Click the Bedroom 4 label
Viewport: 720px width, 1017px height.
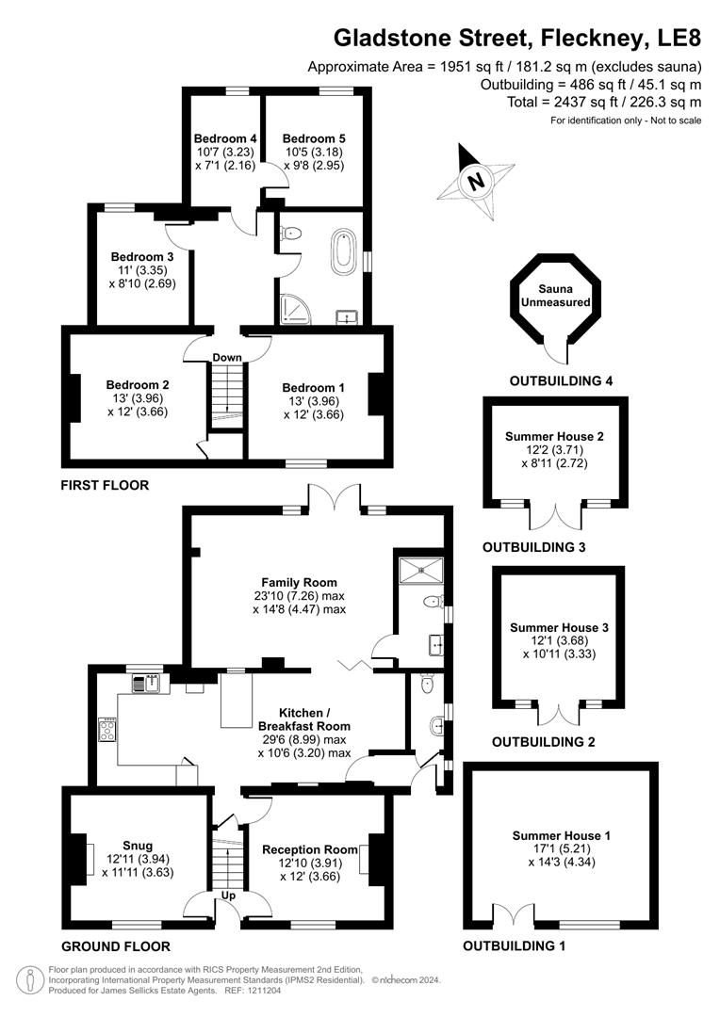[x=224, y=137]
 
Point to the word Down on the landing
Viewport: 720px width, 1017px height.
[x=227, y=358]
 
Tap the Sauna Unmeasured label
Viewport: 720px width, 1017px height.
[x=556, y=296]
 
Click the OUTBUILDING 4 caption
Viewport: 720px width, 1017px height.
[x=561, y=381]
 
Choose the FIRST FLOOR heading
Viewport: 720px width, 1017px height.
[x=105, y=486]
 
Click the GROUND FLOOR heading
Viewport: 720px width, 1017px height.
[x=115, y=946]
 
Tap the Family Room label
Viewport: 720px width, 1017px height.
[x=299, y=582]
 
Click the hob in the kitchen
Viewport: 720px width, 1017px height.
[x=106, y=729]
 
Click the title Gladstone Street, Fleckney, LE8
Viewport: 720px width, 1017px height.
[x=518, y=38]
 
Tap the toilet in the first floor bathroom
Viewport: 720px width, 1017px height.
[x=291, y=234]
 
